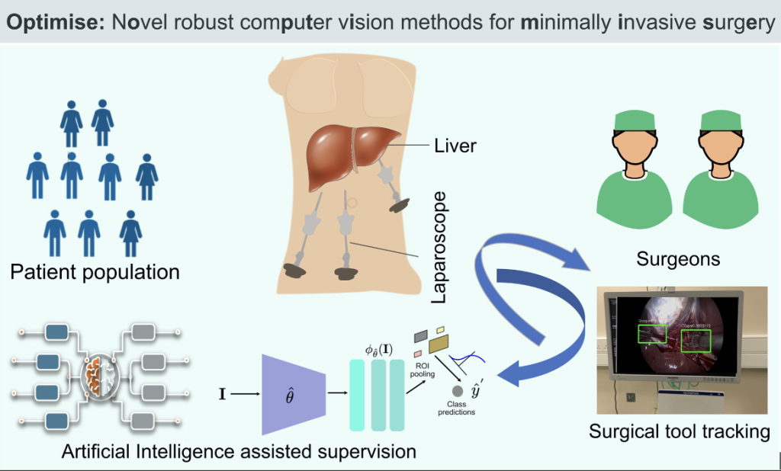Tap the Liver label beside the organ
[x=455, y=145]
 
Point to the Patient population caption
[x=95, y=271]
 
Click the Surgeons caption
[x=678, y=258]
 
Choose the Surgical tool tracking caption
[x=679, y=432]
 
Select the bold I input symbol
[x=221, y=395]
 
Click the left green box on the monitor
[x=651, y=333]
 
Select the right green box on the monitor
[x=696, y=340]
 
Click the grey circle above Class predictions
[x=458, y=390]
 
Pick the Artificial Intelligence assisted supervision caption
[x=239, y=451]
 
